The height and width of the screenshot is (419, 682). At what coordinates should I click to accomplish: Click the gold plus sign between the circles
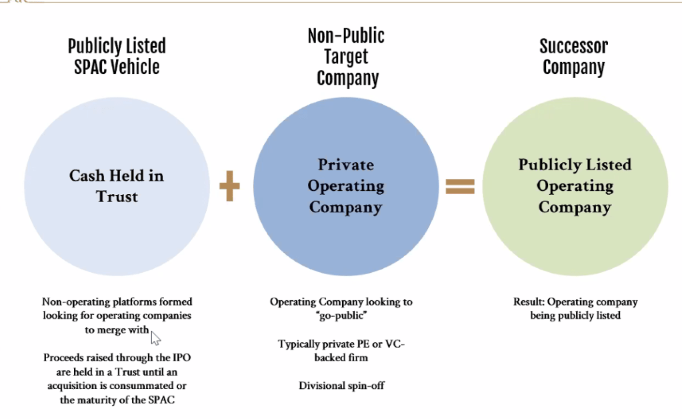229,186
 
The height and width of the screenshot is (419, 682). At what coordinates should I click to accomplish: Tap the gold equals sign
460,186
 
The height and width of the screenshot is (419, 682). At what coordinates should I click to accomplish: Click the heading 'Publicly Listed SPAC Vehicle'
117,57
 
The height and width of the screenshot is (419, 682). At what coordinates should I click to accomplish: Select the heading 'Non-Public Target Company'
347,57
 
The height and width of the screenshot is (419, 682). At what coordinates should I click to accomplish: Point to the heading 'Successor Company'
573,57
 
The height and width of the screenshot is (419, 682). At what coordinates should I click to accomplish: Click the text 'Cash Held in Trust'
117,186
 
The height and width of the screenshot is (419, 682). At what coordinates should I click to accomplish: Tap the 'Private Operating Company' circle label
346,186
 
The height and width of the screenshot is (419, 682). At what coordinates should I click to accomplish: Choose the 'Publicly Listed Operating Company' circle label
575,186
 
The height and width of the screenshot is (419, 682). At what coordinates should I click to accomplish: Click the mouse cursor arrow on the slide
156,336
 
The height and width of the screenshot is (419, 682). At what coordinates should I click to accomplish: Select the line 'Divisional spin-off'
341,386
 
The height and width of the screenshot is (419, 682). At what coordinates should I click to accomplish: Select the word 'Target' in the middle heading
347,57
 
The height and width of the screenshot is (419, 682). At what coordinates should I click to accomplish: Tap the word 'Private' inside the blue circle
346,165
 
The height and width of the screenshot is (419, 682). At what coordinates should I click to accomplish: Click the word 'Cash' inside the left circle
88,175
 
